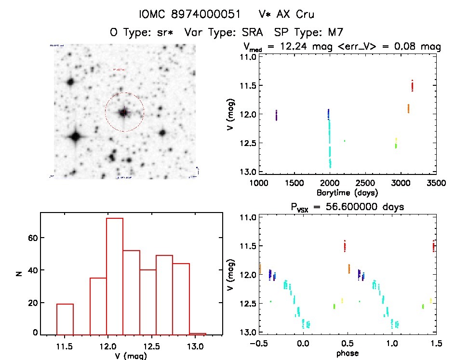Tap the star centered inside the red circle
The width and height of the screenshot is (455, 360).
[x=124, y=112]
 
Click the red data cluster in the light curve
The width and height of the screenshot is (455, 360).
[x=413, y=86]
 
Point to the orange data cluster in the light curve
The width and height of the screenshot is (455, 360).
[x=408, y=108]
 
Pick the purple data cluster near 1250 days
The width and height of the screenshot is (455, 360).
[x=276, y=115]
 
